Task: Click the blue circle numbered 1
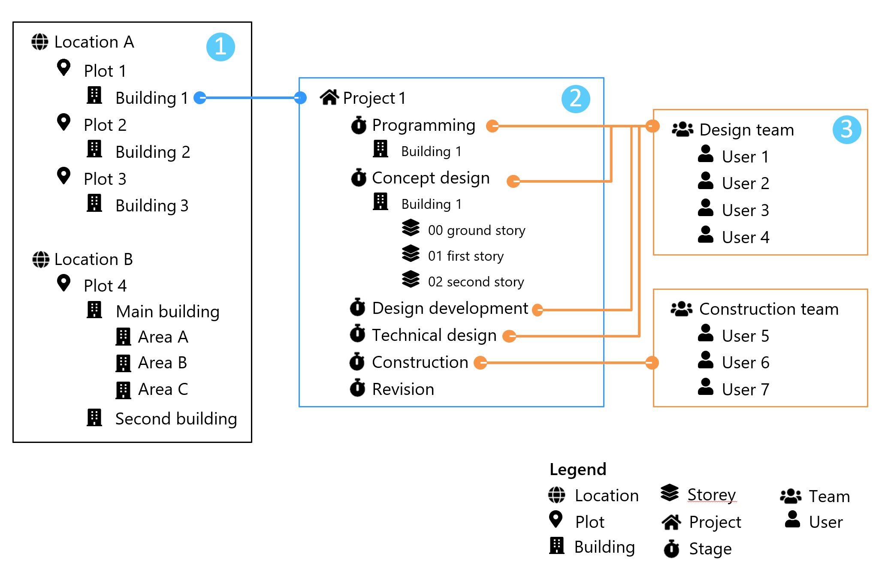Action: (220, 47)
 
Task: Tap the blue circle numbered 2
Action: (576, 99)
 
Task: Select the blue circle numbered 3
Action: (847, 129)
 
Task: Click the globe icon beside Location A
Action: (40, 42)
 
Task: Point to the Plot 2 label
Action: (105, 125)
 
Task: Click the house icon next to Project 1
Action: (329, 97)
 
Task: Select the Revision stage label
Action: (403, 389)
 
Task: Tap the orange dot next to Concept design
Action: (513, 181)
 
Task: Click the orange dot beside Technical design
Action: (509, 336)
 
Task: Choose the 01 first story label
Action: (465, 256)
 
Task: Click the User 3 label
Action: (745, 211)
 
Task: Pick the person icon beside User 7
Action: (706, 387)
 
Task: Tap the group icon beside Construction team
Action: (682, 309)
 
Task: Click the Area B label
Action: (163, 363)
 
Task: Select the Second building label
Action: (176, 419)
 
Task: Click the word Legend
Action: (578, 470)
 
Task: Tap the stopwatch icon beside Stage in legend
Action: (671, 548)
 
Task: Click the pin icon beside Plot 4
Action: (64, 283)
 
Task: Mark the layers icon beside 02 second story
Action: (411, 279)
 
